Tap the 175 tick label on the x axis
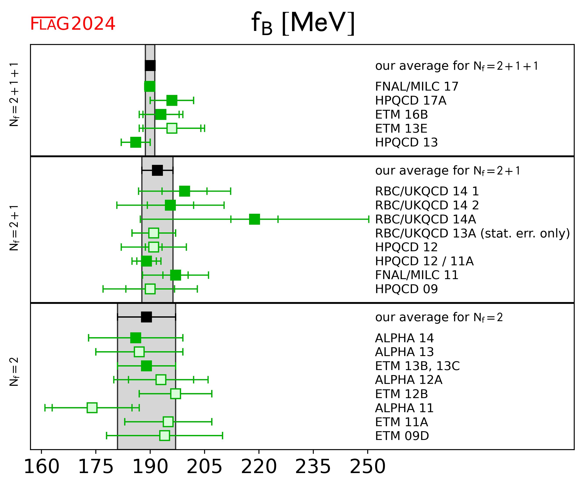96,466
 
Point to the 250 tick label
367,466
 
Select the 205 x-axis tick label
204,466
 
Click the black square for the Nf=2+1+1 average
150,66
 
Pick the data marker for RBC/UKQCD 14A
255,219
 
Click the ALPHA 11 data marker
92,408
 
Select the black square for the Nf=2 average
146,317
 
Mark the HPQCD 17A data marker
172,100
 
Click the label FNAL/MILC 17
416,87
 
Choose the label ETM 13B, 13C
417,366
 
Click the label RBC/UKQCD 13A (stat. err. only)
472,233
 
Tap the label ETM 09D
402,436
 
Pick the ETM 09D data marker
165,436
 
